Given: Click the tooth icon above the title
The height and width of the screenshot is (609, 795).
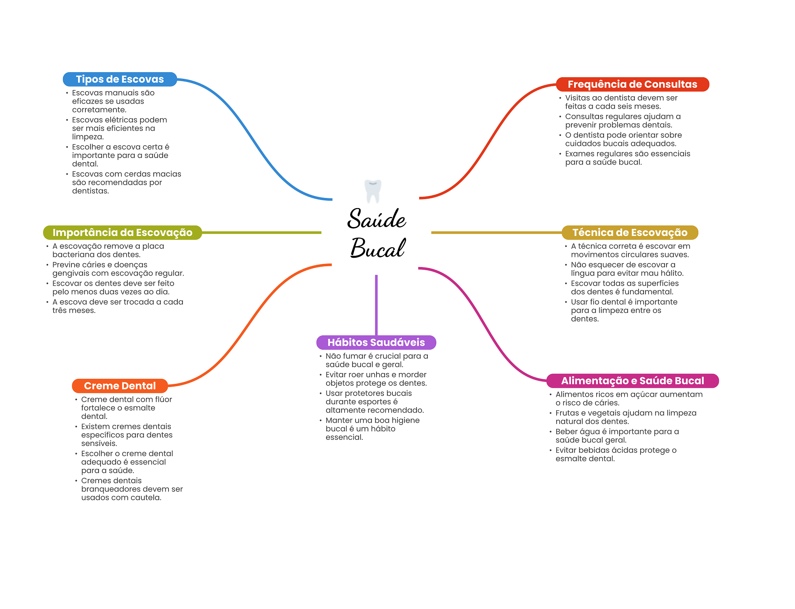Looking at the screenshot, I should pyautogui.click(x=373, y=191).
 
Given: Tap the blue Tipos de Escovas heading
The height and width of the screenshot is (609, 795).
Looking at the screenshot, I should pyautogui.click(x=120, y=79).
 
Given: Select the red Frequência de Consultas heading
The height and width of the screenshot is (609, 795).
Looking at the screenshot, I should pyautogui.click(x=632, y=84).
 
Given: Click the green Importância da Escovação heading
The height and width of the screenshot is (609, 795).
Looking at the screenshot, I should pyautogui.click(x=122, y=232).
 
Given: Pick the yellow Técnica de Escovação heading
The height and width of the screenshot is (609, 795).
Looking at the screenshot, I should pyautogui.click(x=630, y=232).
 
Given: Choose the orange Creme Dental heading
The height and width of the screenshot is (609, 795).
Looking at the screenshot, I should pyautogui.click(x=120, y=386).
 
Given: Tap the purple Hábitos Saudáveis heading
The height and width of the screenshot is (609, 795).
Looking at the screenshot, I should pyautogui.click(x=376, y=342).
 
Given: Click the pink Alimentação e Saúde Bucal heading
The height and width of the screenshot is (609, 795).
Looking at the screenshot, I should pyautogui.click(x=632, y=381).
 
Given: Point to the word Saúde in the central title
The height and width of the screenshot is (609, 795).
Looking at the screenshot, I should pyautogui.click(x=377, y=219).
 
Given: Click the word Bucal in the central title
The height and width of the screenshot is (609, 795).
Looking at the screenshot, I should pyautogui.click(x=377, y=248).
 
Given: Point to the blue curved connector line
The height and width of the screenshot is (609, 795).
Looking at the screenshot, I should pyautogui.click(x=252, y=140).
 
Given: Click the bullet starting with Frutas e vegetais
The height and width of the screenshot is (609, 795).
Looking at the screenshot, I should pyautogui.click(x=625, y=417).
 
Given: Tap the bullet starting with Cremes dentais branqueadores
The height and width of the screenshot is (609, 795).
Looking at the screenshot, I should pyautogui.click(x=132, y=489).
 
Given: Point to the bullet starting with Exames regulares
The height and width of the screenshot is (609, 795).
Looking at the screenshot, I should pyautogui.click(x=627, y=158).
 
